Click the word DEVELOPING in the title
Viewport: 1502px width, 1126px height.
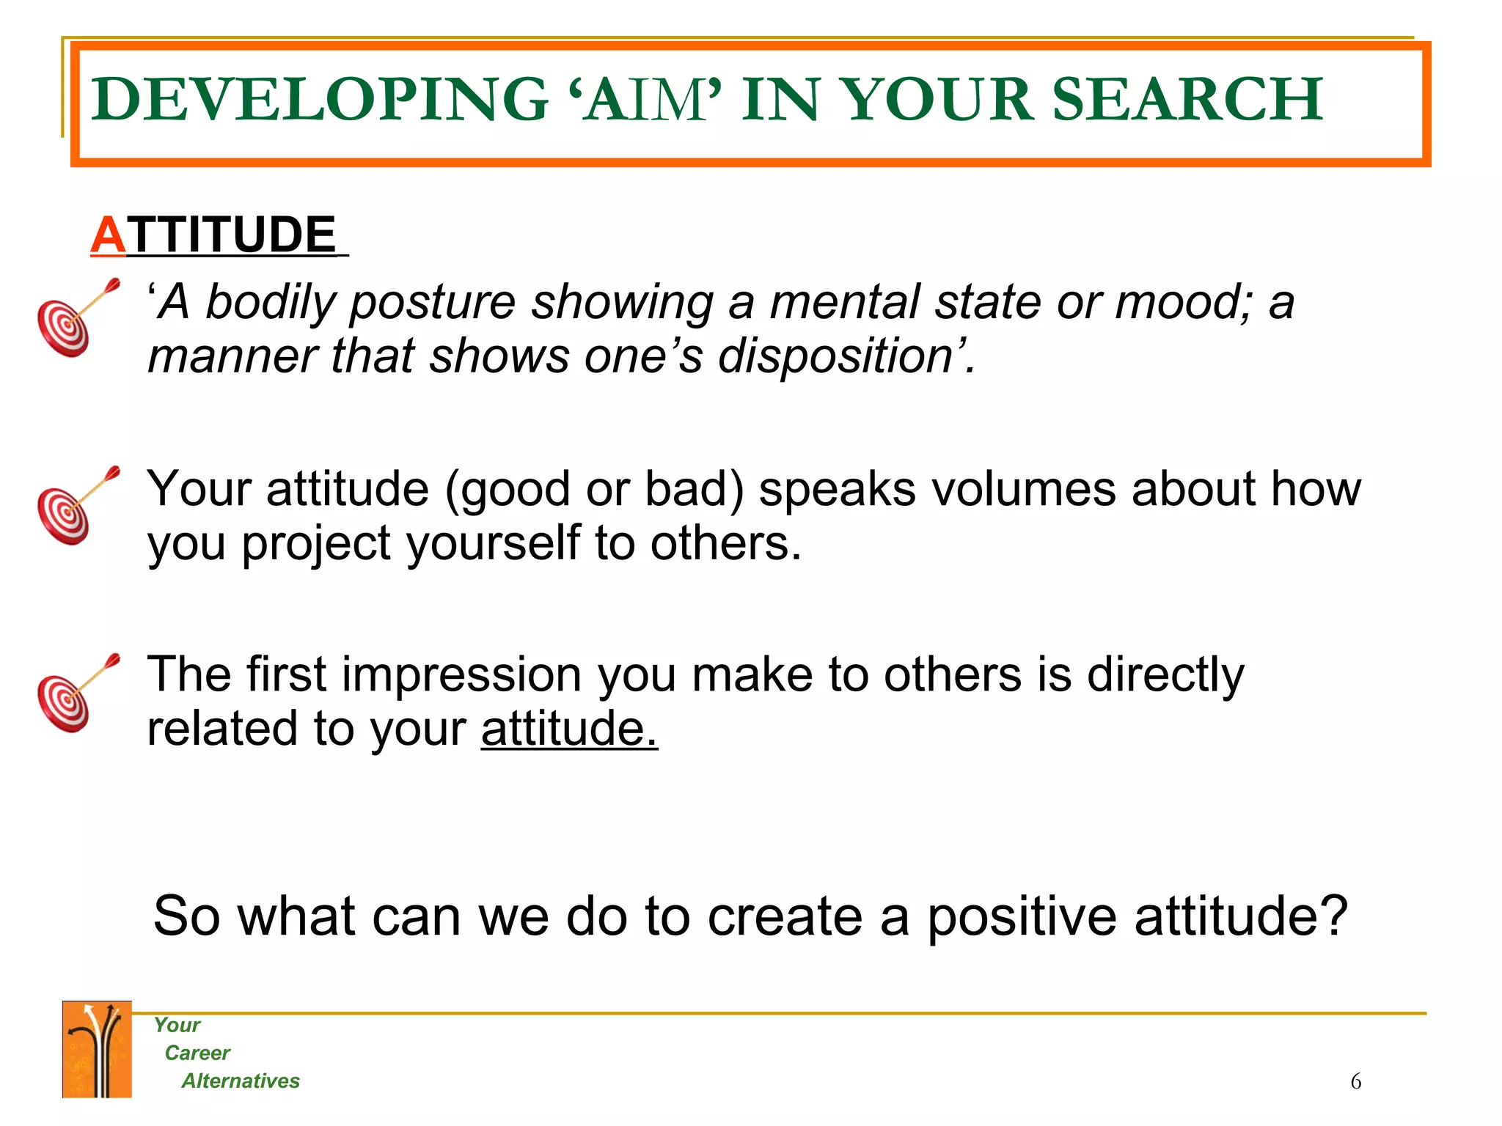320,100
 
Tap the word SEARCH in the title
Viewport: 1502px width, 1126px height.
1187,100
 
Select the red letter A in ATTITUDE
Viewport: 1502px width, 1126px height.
109,236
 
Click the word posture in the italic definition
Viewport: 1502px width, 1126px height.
432,303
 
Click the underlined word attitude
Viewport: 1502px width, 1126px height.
569,729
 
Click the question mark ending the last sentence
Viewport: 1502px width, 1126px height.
1334,916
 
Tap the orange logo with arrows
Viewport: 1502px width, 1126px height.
97,1049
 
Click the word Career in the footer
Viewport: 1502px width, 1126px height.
197,1053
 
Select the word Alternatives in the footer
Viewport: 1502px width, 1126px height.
241,1081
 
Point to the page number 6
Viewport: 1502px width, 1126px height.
1355,1082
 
